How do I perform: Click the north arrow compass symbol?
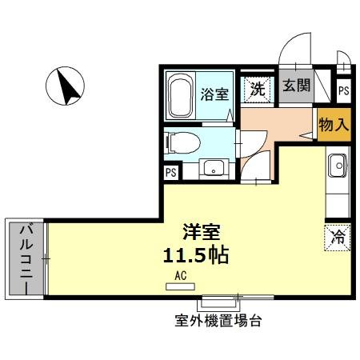67,86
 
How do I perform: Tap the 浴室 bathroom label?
216,94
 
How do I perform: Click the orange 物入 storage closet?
333,126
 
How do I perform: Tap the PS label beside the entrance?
343,91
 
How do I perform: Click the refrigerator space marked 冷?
337,237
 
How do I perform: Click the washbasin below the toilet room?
212,168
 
